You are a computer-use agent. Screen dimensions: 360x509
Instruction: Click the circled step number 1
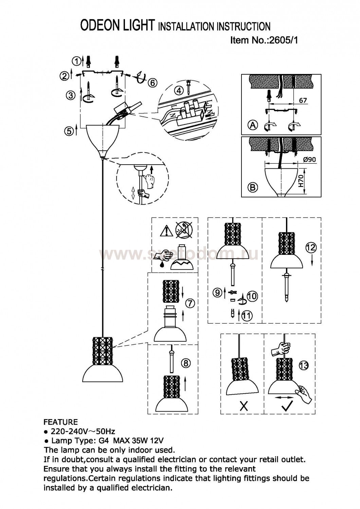point(77,61)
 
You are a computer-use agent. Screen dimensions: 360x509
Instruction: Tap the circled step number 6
point(152,83)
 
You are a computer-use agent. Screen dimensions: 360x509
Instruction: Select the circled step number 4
point(179,91)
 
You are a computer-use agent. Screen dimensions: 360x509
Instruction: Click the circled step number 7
point(190,303)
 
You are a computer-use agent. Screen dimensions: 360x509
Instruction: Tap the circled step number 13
point(304,366)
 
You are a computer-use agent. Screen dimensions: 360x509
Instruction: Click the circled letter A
point(253,125)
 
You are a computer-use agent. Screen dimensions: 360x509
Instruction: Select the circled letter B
point(253,187)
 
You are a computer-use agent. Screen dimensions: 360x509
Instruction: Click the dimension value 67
point(303,100)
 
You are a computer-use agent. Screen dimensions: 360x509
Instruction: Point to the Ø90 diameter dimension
point(309,159)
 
